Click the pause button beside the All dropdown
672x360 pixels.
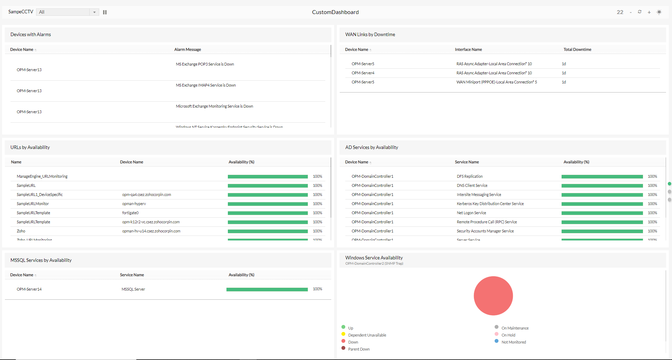click(105, 12)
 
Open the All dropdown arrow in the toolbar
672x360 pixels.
click(94, 12)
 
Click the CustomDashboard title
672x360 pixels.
click(335, 12)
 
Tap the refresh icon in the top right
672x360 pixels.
click(639, 12)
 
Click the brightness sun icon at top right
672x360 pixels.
click(659, 12)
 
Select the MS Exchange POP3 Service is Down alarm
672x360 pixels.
click(205, 64)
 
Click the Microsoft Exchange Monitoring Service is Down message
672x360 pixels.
click(214, 106)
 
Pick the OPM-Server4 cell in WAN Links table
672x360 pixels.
click(363, 73)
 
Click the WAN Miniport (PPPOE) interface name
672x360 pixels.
click(496, 82)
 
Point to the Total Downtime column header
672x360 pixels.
click(577, 49)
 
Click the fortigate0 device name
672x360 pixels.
click(130, 213)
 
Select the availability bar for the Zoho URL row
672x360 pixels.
click(267, 231)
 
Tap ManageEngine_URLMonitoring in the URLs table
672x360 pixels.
click(42, 176)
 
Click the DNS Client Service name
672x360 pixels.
click(472, 185)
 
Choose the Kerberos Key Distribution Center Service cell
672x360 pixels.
click(490, 204)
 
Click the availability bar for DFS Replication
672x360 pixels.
click(602, 176)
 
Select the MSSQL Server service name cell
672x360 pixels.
click(133, 289)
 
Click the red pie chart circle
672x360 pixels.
click(493, 296)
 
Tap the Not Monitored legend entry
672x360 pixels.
click(514, 342)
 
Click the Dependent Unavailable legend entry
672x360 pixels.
click(367, 335)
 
